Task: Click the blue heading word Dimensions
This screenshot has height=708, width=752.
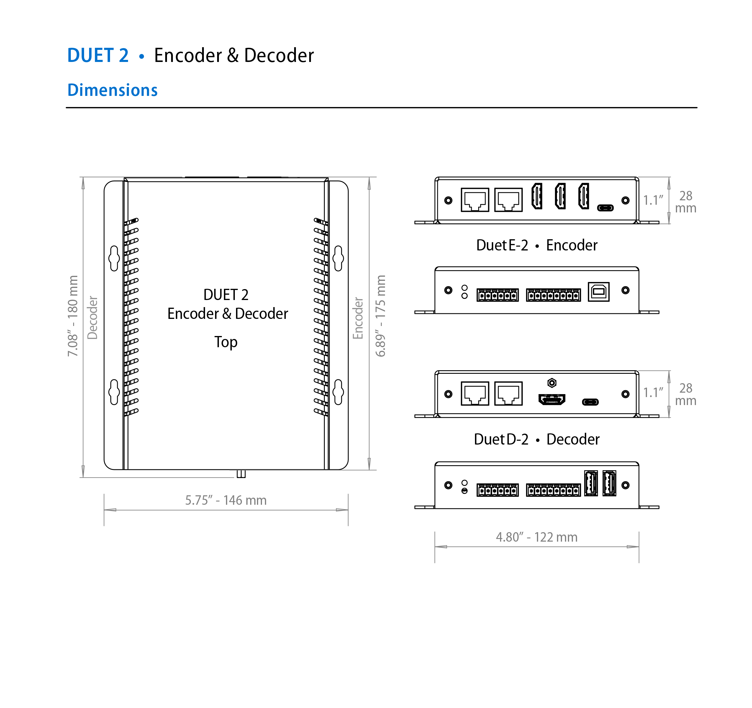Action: tap(112, 90)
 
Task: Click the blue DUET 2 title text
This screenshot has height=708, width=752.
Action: tap(98, 55)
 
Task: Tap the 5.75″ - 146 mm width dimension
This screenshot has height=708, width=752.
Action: tap(226, 500)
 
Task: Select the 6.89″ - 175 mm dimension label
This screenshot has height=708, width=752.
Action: tap(380, 316)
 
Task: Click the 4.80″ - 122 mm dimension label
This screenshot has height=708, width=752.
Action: tap(536, 537)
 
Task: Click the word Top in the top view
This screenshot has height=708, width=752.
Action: tap(226, 342)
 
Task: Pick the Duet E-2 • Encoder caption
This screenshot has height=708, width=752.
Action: tap(536, 245)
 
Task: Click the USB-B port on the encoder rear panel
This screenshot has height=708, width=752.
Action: tap(598, 291)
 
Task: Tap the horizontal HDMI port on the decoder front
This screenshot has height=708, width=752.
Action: tap(552, 399)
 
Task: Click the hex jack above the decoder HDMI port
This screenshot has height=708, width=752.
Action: tap(552, 383)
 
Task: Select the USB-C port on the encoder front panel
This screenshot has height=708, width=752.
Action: tap(605, 208)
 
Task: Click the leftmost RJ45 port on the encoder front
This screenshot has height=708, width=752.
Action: tap(475, 200)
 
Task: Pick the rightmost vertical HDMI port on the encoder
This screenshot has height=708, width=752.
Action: tap(584, 196)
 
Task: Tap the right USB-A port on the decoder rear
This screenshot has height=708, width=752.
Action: tap(609, 483)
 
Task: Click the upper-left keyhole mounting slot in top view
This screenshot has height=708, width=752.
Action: tap(114, 258)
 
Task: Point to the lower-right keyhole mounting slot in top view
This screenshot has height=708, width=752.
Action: tap(338, 392)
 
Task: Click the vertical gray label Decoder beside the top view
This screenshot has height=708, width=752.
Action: tap(93, 318)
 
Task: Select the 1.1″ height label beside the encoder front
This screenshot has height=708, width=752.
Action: tap(653, 200)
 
